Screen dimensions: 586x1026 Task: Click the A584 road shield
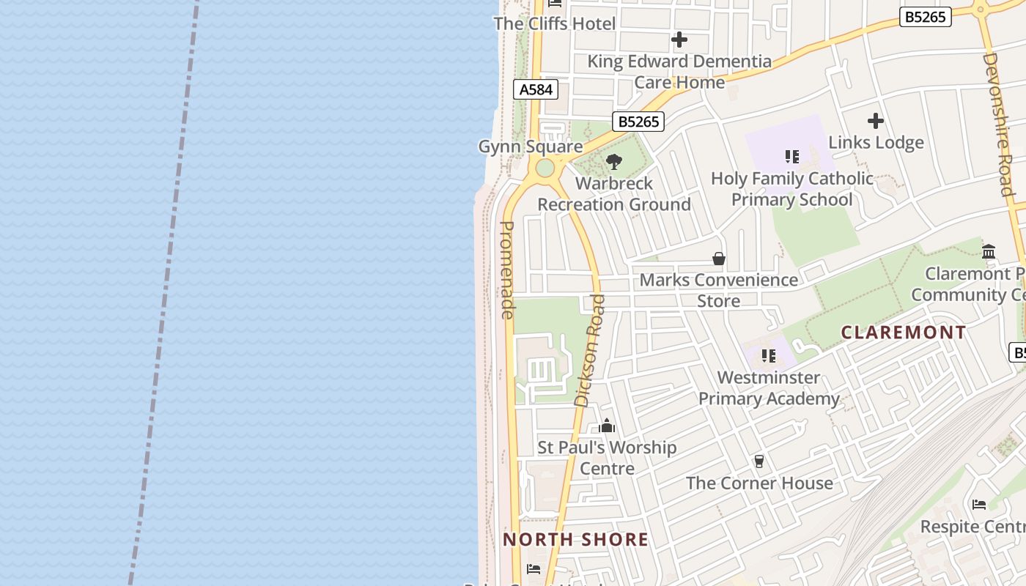point(536,89)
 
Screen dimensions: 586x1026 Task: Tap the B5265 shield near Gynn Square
point(638,122)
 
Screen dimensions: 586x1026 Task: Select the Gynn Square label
point(530,146)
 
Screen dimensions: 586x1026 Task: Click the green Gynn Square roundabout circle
point(545,168)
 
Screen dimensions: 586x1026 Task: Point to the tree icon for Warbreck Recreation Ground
point(614,161)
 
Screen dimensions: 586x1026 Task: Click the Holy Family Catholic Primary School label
point(791,189)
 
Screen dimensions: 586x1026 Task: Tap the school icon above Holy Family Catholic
point(791,156)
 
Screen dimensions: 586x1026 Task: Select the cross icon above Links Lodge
point(876,121)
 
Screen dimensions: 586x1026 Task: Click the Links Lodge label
point(876,142)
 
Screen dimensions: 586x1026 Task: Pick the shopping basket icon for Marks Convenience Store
point(719,259)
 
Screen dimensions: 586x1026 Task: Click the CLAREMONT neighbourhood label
point(904,333)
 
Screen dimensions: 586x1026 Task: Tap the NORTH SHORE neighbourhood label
point(575,540)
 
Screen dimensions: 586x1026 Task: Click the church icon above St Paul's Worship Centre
point(607,426)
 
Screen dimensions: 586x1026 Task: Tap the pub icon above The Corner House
point(759,461)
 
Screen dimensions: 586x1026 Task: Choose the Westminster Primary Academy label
point(769,388)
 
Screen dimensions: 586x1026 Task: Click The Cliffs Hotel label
point(555,23)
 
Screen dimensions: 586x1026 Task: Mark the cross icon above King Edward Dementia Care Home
point(679,40)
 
